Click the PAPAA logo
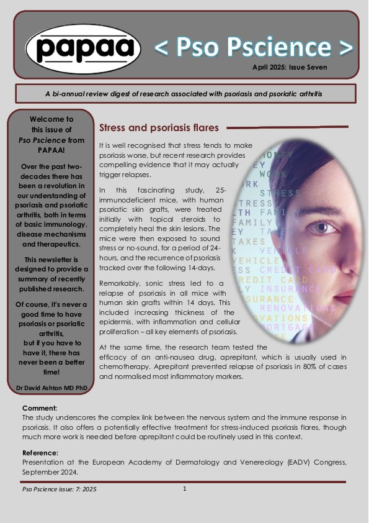pos(79,47)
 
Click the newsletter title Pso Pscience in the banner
pos(253,47)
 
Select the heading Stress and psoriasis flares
pos(159,128)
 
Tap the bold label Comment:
pos(40,408)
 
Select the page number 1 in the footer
pos(185,489)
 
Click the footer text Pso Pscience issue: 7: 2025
pos(60,489)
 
